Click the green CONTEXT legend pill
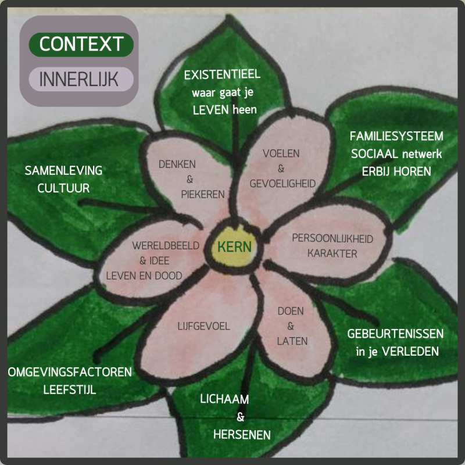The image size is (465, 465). click(81, 44)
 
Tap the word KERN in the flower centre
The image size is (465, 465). click(234, 246)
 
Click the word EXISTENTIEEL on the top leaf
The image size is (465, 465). click(222, 75)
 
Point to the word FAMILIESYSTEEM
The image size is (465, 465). click(396, 137)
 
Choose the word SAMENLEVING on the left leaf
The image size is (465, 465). click(63, 171)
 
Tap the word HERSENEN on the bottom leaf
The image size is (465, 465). click(241, 434)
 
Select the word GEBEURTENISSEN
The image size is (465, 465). click(395, 334)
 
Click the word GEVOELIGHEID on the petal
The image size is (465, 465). click(282, 184)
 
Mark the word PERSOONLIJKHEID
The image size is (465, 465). click(332, 238)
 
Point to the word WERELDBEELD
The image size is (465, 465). click(165, 245)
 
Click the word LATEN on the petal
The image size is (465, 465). click(292, 341)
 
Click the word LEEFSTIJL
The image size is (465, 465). click(70, 389)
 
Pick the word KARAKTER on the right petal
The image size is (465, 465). click(332, 253)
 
